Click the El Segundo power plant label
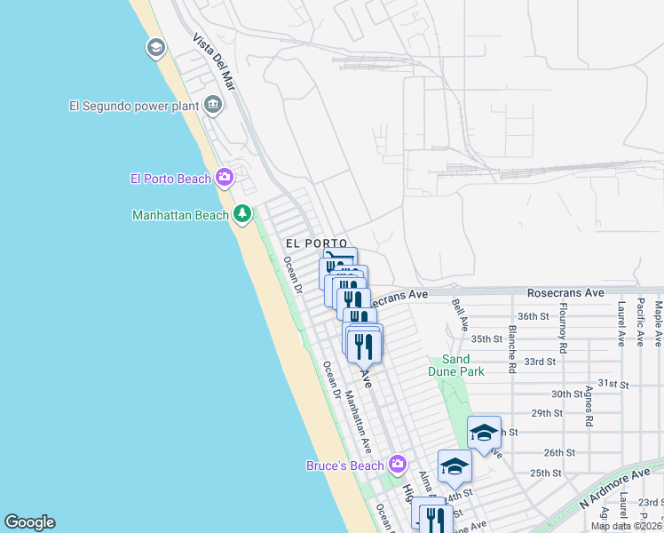point(133,106)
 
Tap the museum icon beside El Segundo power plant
point(213,106)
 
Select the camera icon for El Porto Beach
point(224,178)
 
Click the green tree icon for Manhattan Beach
point(241,214)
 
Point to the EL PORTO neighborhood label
point(309,243)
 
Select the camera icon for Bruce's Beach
point(397,464)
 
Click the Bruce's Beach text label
point(344,465)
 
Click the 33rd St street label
point(539,362)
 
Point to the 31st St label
point(612,384)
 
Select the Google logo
point(29,522)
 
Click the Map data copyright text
point(625,526)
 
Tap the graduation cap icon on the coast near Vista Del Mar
point(155,48)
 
